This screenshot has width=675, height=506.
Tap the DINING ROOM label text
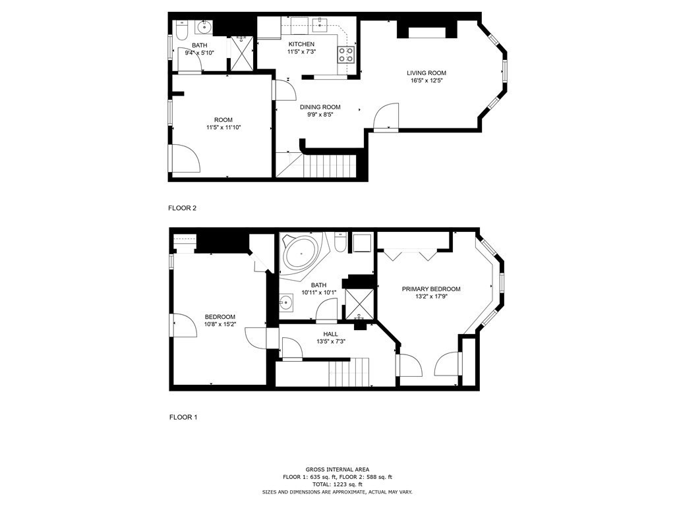pos(320,107)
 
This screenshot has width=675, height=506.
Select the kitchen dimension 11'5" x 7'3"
pos(301,51)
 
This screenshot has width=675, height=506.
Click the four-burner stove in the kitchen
pos(346,54)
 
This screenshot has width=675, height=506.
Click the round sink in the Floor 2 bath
pos(203,28)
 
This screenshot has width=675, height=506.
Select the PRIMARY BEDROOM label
pos(431,289)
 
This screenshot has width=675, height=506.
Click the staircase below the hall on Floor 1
pos(349,372)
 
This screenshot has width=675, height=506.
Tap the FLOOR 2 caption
pos(183,208)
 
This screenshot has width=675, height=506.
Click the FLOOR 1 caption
pos(183,417)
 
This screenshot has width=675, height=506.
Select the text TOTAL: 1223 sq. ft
pos(337,484)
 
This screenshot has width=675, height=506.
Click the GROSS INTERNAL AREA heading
pos(337,469)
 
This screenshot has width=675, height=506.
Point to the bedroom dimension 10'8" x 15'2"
pos(220,324)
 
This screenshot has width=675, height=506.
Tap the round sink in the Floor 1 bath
pos(285,302)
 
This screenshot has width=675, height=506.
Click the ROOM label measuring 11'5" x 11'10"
pos(223,119)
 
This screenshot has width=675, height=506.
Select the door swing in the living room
pos(387,116)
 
